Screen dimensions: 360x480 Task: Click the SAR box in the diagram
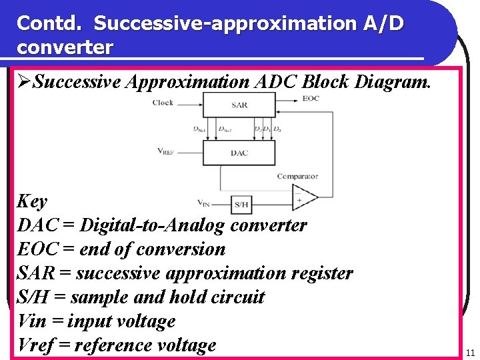239,105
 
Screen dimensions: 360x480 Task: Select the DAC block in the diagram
239,153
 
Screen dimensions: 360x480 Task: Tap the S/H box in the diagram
241,203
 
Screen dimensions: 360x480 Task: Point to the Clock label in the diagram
163,102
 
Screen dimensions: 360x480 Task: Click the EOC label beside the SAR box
311,99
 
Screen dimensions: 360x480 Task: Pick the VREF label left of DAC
167,151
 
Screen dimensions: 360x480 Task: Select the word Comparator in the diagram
297,177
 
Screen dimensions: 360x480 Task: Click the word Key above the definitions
32,201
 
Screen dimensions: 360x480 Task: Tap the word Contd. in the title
51,23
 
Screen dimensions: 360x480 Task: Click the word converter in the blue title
65,48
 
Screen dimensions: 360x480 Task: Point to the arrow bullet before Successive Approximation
25,82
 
